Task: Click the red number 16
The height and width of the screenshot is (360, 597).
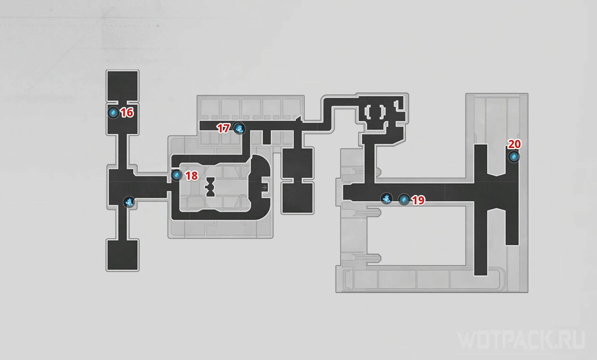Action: coord(127,113)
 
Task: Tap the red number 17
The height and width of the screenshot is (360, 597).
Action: coord(223,128)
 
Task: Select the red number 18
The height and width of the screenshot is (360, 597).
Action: coord(191,176)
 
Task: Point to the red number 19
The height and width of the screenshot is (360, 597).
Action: coord(418,200)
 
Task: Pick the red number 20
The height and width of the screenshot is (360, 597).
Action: coord(514,144)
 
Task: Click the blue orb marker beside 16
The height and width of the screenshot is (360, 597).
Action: coord(113,113)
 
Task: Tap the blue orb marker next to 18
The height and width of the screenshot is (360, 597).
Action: coord(176,175)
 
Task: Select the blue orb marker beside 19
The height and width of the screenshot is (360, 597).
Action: coord(404,200)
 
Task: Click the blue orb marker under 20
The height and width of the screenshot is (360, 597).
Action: coord(514,157)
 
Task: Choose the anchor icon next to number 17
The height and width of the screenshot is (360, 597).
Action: coord(239,128)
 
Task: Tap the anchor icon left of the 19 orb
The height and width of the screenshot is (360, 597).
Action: coord(387,199)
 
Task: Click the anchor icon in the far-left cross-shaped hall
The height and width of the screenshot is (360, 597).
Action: coord(129,202)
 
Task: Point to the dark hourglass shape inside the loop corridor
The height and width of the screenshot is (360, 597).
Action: coord(210,187)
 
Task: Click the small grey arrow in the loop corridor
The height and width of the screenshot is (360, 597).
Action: coord(264,188)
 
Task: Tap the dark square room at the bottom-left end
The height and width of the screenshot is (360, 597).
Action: coord(122,255)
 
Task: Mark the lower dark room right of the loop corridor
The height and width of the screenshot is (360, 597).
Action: coord(297,198)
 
